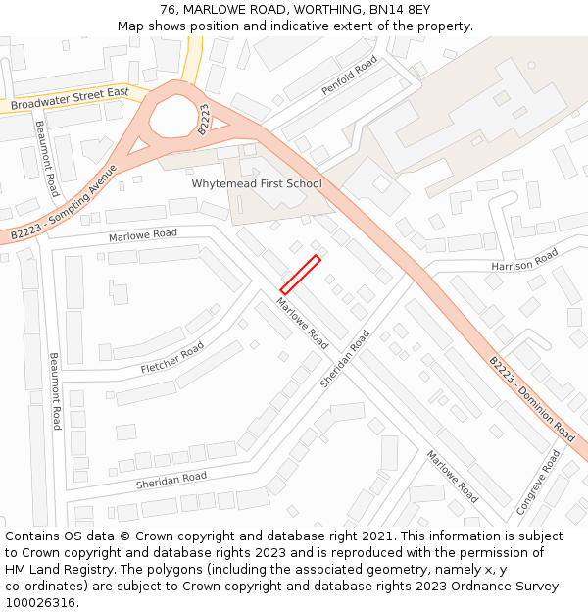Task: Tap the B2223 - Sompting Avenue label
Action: tap(65, 204)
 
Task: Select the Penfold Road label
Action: tap(350, 76)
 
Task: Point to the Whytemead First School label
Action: tap(257, 184)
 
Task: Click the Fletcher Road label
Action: tap(172, 358)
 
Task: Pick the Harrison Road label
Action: tap(524, 260)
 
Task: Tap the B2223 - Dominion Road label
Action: tap(532, 397)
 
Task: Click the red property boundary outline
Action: tap(301, 274)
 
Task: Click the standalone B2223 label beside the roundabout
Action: tap(204, 119)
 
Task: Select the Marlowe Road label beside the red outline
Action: tap(302, 324)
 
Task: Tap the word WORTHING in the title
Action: tap(322, 10)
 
